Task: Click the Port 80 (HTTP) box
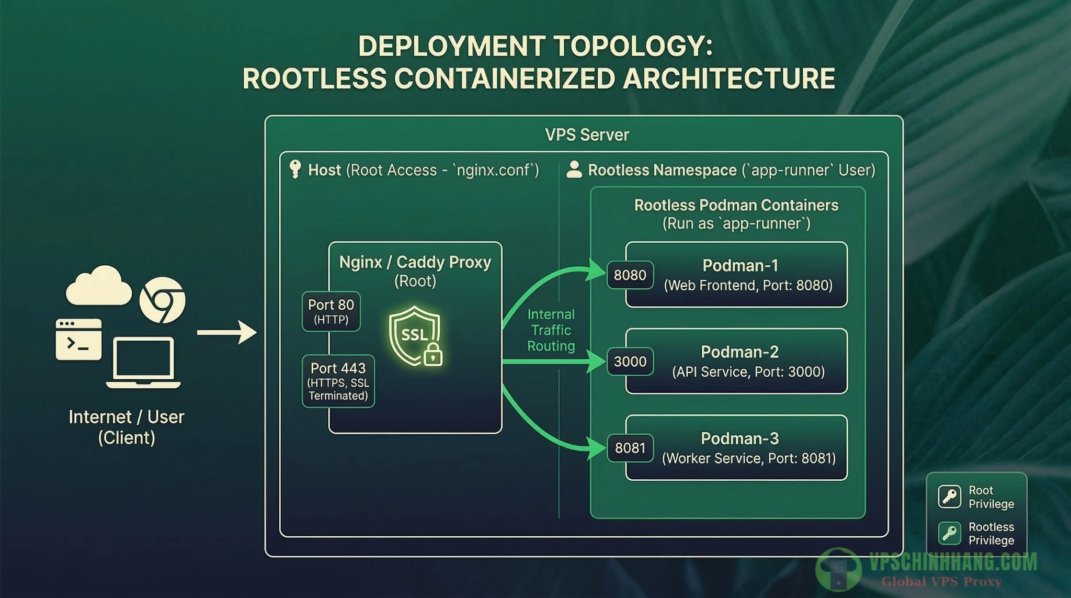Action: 331,311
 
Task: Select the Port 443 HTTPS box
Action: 338,381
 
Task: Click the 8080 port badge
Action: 630,275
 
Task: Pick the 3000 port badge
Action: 630,362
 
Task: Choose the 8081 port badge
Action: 630,448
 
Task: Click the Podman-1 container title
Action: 740,266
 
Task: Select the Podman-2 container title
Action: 739,352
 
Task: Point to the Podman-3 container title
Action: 739,438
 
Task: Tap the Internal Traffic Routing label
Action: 551,330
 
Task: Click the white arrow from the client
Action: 226,332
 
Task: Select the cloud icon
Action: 98,286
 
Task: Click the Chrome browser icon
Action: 162,300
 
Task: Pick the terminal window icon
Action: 78,340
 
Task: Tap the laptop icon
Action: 143,363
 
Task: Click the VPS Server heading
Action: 587,135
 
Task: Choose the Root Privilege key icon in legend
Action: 949,497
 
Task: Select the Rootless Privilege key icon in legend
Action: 949,533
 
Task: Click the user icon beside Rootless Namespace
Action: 574,170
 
